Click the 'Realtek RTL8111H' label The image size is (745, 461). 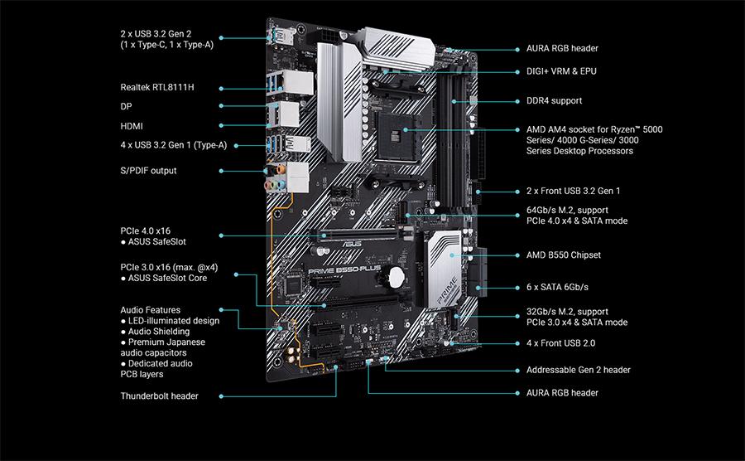tap(161, 87)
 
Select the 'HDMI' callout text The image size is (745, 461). tap(132, 126)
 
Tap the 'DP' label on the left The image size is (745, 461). tap(126, 107)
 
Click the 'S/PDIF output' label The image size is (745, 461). tap(148, 171)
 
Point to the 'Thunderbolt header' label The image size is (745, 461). tap(159, 396)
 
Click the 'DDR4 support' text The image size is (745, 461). tap(554, 101)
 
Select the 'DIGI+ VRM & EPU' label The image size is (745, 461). tap(561, 71)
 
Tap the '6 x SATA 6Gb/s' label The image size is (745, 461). tap(557, 287)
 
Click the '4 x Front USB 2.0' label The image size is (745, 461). tap(560, 343)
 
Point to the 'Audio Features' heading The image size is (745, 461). tap(151, 310)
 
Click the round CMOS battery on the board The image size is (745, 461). tap(401, 275)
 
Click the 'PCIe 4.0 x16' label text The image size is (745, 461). tap(147, 230)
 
